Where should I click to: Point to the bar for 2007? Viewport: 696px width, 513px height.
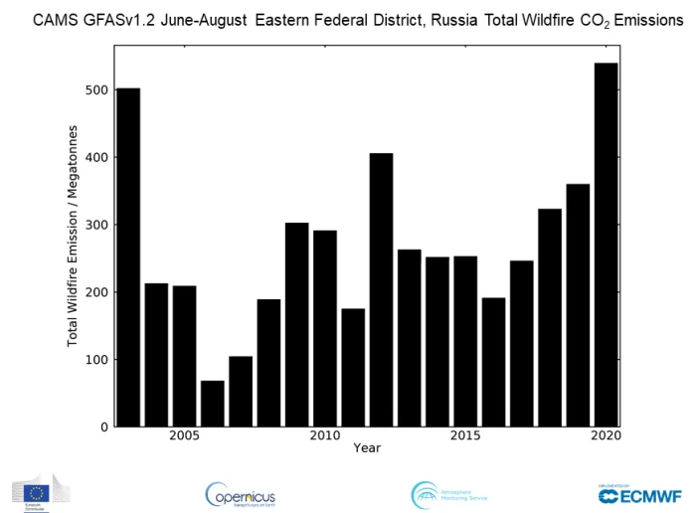(240, 392)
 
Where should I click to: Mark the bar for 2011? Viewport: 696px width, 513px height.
(353, 368)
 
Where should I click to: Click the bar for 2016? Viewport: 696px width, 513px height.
(493, 362)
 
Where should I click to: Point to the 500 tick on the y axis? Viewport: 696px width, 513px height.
(96, 90)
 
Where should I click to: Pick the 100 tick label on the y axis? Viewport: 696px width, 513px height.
(96, 360)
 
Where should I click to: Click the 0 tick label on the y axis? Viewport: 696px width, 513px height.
(103, 427)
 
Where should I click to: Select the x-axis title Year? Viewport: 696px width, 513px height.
(366, 448)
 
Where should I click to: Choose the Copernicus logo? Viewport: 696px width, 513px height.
(241, 494)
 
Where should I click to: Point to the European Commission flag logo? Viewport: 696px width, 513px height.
(37, 492)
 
